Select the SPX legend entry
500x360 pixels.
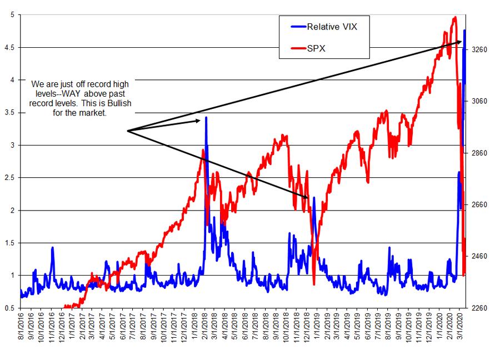pyautogui.click(x=316, y=48)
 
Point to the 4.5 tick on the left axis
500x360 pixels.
pyautogui.click(x=12, y=48)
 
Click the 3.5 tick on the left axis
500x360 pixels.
pyautogui.click(x=12, y=113)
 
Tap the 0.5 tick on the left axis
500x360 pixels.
pyautogui.click(x=12, y=308)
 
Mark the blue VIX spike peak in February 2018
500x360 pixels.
pyautogui.click(x=206, y=117)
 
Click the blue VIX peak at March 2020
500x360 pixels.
pyautogui.click(x=464, y=30)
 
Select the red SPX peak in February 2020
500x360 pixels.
pyautogui.click(x=455, y=17)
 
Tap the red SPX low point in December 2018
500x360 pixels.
pyautogui.click(x=314, y=284)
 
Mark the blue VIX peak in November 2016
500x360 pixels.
pyautogui.click(x=53, y=248)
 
